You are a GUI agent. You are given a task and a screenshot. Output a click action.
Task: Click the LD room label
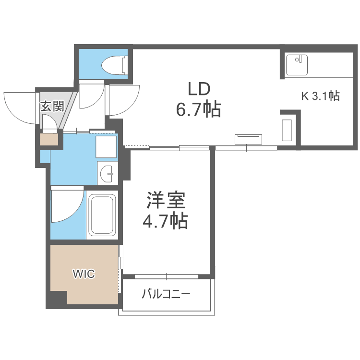tap(199, 89)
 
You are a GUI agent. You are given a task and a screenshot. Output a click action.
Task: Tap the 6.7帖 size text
tap(199, 110)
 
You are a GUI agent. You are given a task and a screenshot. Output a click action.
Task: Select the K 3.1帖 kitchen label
tap(320, 96)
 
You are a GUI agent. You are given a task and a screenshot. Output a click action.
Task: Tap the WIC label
tap(84, 274)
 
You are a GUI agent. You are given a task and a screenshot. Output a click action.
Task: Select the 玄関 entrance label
tap(52, 106)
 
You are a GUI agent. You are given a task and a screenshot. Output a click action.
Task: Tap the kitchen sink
tap(297, 65)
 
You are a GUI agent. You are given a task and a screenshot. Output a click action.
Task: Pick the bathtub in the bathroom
tap(102, 216)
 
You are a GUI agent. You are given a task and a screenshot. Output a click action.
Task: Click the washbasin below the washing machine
tap(107, 172)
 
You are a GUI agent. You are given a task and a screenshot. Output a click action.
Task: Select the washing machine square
tap(106, 146)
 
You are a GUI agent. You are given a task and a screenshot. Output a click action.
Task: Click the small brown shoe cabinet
tap(48, 140)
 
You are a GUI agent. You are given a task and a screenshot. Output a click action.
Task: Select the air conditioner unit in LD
tap(249, 139)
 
